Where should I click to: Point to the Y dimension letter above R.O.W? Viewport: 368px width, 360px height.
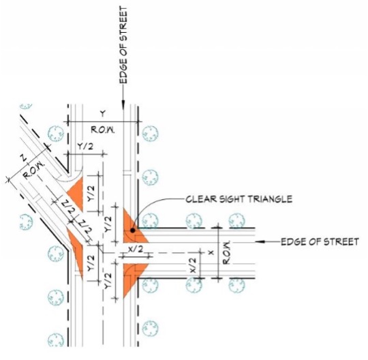click(102, 113)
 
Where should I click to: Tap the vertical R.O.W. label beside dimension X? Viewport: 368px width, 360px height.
click(229, 253)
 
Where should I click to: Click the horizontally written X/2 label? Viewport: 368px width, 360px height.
click(136, 250)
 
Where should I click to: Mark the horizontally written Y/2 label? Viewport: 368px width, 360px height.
click(86, 146)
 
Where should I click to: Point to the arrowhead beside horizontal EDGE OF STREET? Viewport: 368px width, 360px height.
click(269, 242)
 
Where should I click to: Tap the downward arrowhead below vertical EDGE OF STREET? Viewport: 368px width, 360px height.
click(123, 104)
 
